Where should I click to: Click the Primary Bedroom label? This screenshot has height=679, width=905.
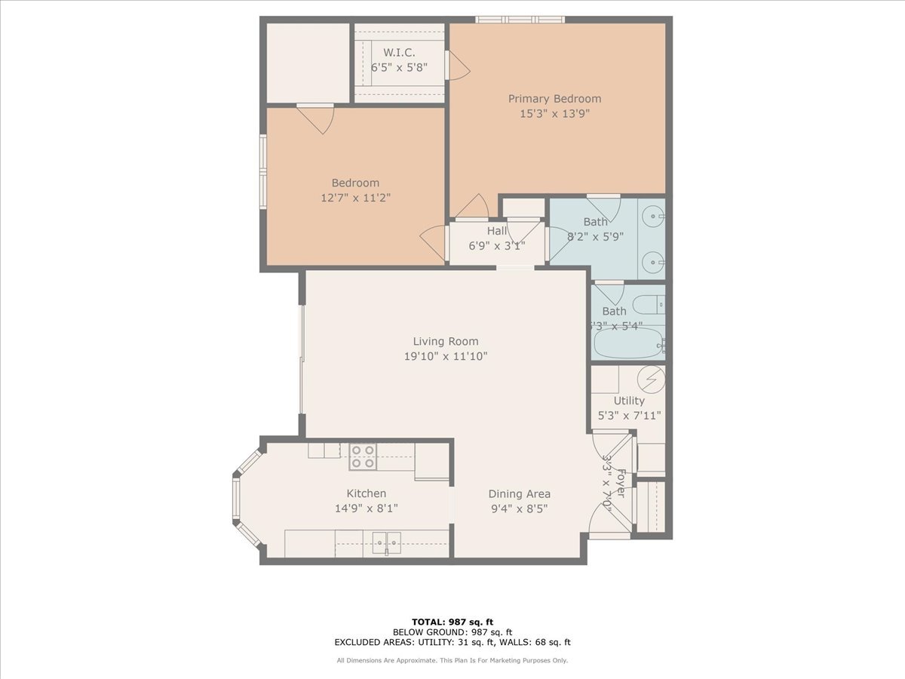[x=554, y=99]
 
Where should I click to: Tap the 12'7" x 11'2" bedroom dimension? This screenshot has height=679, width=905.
[x=355, y=198]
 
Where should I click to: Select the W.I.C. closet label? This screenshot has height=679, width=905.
[x=398, y=52]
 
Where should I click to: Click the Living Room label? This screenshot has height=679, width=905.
[x=445, y=341]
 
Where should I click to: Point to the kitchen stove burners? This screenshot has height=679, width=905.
[x=363, y=456]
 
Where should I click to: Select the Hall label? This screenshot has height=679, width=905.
[x=497, y=231]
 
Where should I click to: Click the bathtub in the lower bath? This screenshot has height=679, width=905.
[x=627, y=346]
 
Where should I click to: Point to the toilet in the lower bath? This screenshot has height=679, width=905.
[x=647, y=306]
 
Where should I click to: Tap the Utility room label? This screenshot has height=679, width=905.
[x=628, y=401]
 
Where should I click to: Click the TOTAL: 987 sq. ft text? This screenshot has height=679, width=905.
[x=452, y=621]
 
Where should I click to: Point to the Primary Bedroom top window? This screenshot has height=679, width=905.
[x=520, y=20]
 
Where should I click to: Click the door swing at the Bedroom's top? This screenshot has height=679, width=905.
[x=317, y=118]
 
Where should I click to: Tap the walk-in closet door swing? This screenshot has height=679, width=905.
[x=458, y=66]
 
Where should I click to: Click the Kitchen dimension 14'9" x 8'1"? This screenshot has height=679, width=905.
[x=367, y=508]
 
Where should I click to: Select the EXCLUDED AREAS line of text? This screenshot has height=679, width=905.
[x=452, y=642]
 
